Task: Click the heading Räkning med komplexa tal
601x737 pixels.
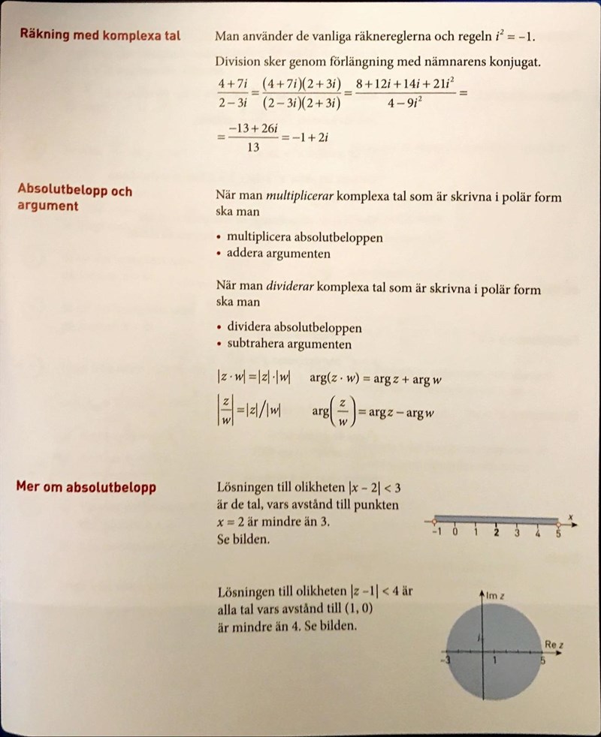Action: click(x=99, y=35)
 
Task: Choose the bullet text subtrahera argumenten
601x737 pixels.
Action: click(x=289, y=344)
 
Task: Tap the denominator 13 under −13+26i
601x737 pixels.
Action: click(x=253, y=148)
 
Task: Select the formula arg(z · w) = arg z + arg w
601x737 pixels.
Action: click(x=375, y=379)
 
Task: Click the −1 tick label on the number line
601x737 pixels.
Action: click(x=435, y=533)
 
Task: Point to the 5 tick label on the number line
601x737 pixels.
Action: click(x=558, y=533)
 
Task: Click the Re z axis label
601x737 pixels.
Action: click(x=554, y=643)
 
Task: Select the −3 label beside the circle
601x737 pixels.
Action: click(x=445, y=660)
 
